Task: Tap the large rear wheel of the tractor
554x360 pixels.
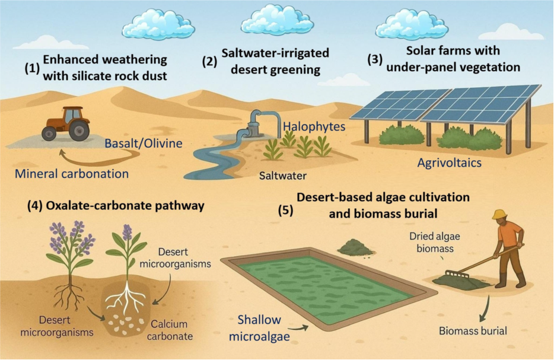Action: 78,130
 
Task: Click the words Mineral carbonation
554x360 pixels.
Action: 72,174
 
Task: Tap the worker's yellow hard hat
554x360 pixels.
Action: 500,214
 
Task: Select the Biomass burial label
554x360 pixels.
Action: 473,330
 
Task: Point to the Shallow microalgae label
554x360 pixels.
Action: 259,328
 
